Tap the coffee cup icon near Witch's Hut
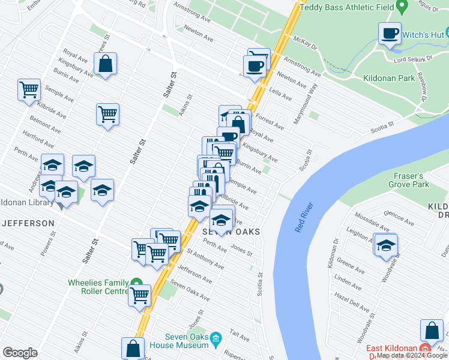(390, 34)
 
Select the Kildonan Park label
(388, 78)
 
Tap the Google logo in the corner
(20, 353)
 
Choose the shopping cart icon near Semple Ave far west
(29, 90)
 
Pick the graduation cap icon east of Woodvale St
(385, 245)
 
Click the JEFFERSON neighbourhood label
(28, 223)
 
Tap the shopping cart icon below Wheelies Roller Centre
(140, 295)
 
